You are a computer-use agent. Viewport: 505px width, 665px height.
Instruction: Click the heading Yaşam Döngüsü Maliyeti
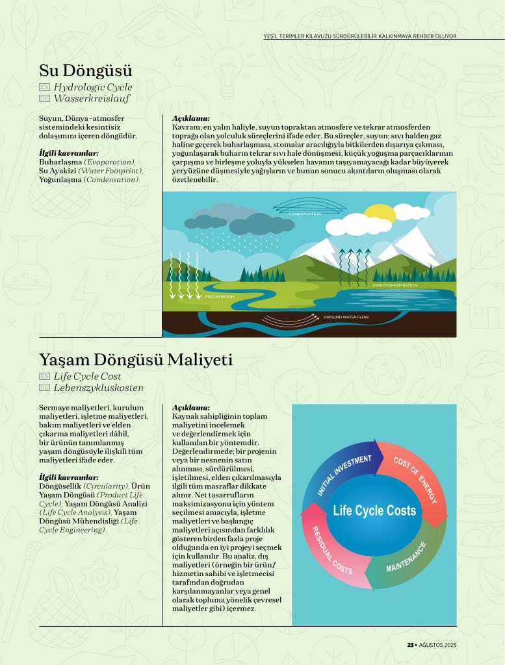click(x=135, y=359)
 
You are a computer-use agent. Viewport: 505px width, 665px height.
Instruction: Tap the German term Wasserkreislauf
click(x=92, y=99)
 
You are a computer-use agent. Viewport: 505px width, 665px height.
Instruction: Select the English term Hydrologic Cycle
click(x=93, y=87)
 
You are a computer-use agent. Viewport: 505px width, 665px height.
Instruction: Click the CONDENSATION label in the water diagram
click(x=305, y=214)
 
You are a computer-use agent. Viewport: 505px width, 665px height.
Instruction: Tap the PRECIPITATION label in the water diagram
click(x=220, y=297)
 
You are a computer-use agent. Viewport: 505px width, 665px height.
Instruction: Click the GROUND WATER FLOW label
click(x=346, y=317)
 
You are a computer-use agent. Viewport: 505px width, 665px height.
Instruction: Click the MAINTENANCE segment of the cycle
click(x=406, y=557)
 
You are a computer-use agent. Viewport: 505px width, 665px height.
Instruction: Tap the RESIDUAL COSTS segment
click(x=332, y=551)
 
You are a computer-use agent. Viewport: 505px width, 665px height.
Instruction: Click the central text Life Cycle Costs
click(x=374, y=511)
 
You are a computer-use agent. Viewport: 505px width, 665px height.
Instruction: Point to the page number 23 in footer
click(x=410, y=645)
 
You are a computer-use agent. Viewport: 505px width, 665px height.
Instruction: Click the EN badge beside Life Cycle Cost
click(x=44, y=376)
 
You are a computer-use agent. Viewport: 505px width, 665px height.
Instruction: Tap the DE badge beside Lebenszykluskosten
click(x=44, y=388)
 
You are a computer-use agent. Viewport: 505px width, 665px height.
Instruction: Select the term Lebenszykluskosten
click(x=99, y=388)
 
